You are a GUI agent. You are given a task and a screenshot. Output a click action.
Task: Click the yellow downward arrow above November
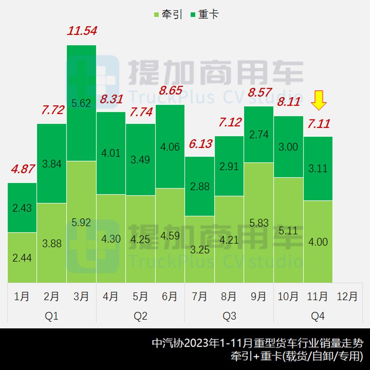coord(319,101)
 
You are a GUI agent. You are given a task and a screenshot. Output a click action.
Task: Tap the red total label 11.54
coord(82,30)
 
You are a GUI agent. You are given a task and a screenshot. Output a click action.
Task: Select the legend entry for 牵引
coord(168,14)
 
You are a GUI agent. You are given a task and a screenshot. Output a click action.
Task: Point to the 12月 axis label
coord(347,296)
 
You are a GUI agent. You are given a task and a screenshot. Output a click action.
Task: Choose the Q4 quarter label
coord(318,316)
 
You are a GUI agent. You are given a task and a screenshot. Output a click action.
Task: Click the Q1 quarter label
coord(51,316)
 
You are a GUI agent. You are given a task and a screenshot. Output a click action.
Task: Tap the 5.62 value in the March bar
coord(81,104)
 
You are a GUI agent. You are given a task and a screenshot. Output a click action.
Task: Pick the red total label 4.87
coord(22,169)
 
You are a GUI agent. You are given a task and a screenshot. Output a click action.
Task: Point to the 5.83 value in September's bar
coord(259,223)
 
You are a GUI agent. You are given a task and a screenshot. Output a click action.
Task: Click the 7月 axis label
coord(199,296)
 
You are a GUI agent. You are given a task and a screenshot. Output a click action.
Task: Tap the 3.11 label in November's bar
coord(318,168)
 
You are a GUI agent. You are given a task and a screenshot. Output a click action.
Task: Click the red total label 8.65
coord(171,90)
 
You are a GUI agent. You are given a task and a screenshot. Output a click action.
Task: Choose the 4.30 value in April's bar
coord(111,239)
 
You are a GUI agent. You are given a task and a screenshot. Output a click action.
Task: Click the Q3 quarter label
coord(229,316)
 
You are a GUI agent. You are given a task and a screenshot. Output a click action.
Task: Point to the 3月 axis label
coord(81,296)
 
